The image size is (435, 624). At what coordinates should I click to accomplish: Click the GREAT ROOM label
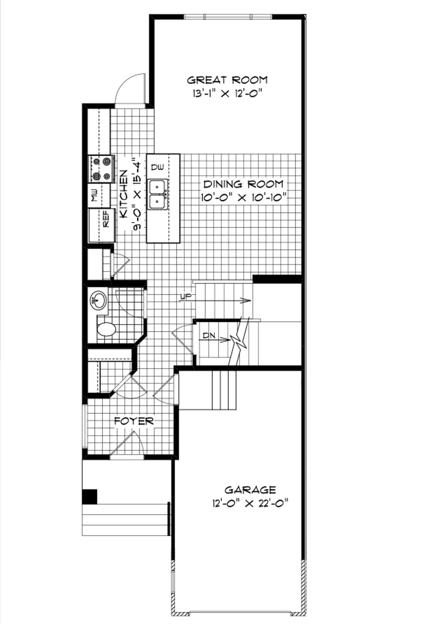pyautogui.click(x=227, y=80)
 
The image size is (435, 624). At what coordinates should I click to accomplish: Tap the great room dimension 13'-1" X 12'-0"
pyautogui.click(x=227, y=94)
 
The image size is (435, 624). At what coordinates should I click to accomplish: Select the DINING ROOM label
pyautogui.click(x=243, y=184)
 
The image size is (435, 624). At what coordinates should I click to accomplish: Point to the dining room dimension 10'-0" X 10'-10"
pyautogui.click(x=243, y=198)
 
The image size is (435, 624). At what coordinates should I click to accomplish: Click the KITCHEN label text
pyautogui.click(x=124, y=194)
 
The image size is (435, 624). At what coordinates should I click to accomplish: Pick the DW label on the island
pyautogui.click(x=157, y=167)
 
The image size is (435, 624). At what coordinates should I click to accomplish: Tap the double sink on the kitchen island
pyautogui.click(x=158, y=194)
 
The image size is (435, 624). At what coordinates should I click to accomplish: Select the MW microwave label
pyautogui.click(x=95, y=196)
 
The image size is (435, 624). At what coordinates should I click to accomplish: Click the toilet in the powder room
pyautogui.click(x=106, y=329)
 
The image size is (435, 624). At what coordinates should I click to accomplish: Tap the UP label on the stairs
pyautogui.click(x=186, y=297)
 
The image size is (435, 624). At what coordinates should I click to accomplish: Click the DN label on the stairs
pyautogui.click(x=209, y=335)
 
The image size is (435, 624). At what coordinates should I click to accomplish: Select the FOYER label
pyautogui.click(x=134, y=421)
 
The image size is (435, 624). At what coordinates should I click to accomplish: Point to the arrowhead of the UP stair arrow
pyautogui.click(x=247, y=301)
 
